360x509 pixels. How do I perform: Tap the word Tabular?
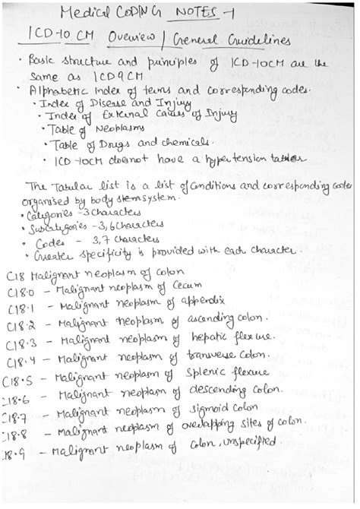pos(71,187)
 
